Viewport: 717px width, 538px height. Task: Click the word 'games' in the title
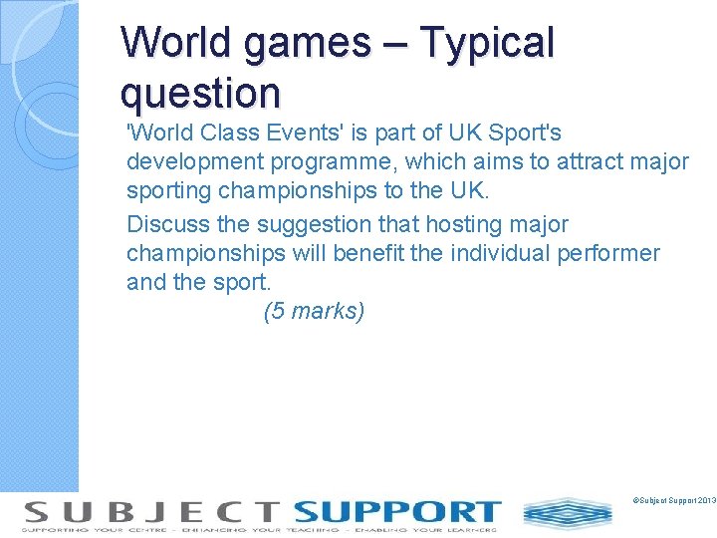pyautogui.click(x=316, y=44)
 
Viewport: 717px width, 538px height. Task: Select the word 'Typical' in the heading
pyautogui.click(x=487, y=44)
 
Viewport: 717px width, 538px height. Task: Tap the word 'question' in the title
pyautogui.click(x=200, y=93)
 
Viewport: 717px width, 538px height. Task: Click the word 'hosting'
pyautogui.click(x=463, y=225)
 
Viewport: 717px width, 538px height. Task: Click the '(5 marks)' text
pyautogui.click(x=314, y=312)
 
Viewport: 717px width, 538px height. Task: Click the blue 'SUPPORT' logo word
pyautogui.click(x=396, y=511)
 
